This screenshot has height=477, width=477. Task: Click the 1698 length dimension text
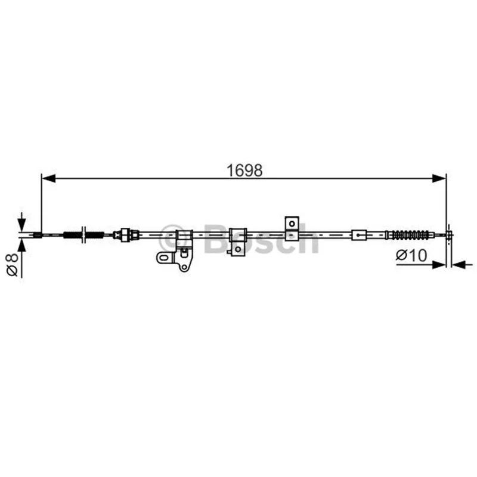(x=244, y=171)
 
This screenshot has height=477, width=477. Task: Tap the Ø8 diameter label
(x=13, y=265)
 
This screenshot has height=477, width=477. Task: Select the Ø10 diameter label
(x=411, y=256)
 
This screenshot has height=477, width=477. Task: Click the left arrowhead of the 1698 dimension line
(x=49, y=178)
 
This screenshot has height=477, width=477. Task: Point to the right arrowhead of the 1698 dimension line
(x=439, y=178)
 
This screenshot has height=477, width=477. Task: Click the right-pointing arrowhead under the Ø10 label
(x=439, y=265)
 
